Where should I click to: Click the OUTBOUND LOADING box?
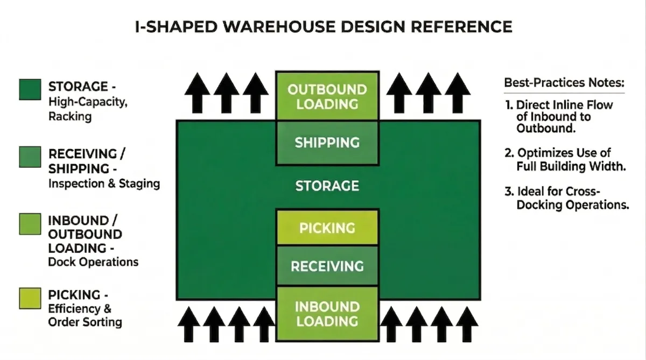click(327, 96)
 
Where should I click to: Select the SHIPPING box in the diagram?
click(327, 143)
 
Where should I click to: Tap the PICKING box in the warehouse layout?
click(327, 227)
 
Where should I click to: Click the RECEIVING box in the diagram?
click(327, 266)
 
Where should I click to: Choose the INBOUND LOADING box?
click(327, 314)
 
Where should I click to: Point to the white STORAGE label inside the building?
click(327, 186)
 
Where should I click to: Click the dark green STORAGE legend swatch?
click(30, 90)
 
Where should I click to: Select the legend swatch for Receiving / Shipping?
click(30, 157)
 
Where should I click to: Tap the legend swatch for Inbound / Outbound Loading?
click(30, 224)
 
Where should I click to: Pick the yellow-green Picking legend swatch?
click(30, 299)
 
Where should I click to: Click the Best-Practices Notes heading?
click(564, 83)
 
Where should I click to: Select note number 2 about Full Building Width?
click(565, 160)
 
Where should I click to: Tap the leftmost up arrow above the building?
click(198, 92)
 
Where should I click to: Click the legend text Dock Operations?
click(93, 262)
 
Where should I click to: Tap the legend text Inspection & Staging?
click(104, 183)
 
